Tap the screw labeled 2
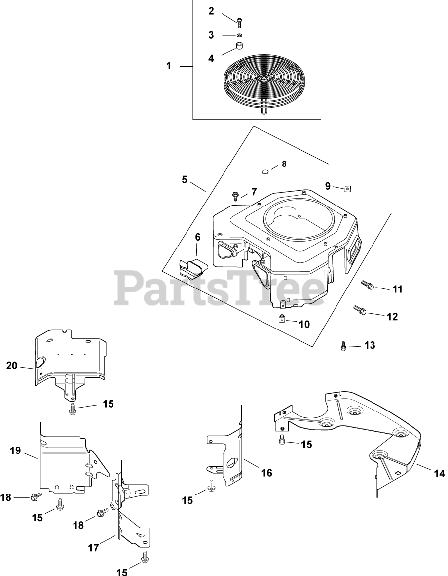(240, 21)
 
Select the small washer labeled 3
(239, 35)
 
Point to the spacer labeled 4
(240, 47)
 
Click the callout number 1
(169, 66)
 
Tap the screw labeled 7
(235, 196)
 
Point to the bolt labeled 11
(367, 285)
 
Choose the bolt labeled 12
(359, 311)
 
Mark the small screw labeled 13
(343, 346)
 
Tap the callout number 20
(12, 366)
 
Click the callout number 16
(266, 473)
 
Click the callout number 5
(185, 179)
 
